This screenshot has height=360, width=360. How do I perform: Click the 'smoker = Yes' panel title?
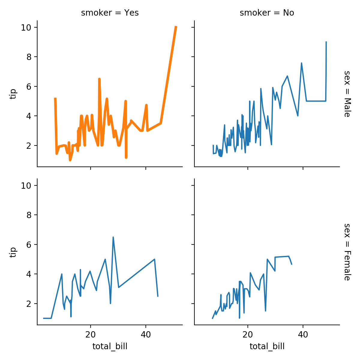coord(110,13)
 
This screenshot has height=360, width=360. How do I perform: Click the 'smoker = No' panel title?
coord(267,13)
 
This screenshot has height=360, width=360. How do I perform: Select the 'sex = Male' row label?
coord(347,94)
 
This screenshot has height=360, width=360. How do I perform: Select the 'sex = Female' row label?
coord(347,252)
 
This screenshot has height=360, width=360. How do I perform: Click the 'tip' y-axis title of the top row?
coord(12,94)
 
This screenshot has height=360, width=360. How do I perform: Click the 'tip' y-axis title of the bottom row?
coord(12,252)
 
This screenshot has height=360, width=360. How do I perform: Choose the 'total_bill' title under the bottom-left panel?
coord(110,347)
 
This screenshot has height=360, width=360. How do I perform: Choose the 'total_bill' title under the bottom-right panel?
coord(267,347)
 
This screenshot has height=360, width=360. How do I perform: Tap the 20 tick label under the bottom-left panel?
coord(90,335)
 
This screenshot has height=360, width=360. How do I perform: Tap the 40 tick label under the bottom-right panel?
coord(303,335)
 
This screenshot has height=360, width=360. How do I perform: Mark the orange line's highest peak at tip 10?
coord(176,27)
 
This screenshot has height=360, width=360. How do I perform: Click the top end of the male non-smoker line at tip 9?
coord(326,42)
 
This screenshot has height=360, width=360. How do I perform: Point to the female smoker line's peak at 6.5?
coord(113,237)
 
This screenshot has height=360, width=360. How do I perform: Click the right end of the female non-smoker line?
coord(292,264)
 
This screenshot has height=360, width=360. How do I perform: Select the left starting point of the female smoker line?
coord(44,318)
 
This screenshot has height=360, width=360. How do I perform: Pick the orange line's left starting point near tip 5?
coord(55,98)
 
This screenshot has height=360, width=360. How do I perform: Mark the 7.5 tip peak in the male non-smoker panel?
coord(301,63)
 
